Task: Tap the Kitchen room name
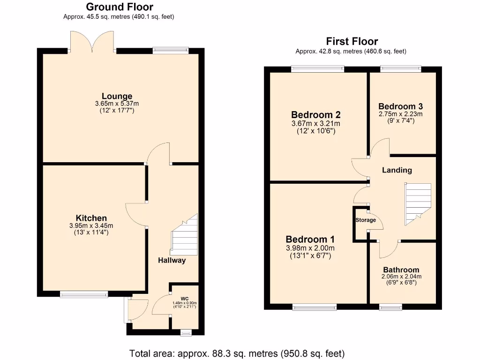pyautogui.click(x=91, y=218)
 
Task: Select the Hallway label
pyautogui.click(x=172, y=260)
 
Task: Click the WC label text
pyautogui.click(x=184, y=298)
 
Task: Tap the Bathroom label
pyautogui.click(x=401, y=270)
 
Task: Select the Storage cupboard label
pyautogui.click(x=366, y=220)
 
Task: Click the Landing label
pyautogui.click(x=397, y=170)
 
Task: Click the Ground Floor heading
pyautogui.click(x=119, y=7)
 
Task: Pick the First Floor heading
pyautogui.click(x=352, y=42)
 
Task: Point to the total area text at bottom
pyautogui.click(x=237, y=352)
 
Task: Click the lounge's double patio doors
pyautogui.click(x=92, y=42)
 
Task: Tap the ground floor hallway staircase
pyautogui.click(x=185, y=234)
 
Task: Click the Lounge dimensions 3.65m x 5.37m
pyautogui.click(x=117, y=104)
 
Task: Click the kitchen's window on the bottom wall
pyautogui.click(x=84, y=294)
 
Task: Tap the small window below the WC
pyautogui.click(x=186, y=333)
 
